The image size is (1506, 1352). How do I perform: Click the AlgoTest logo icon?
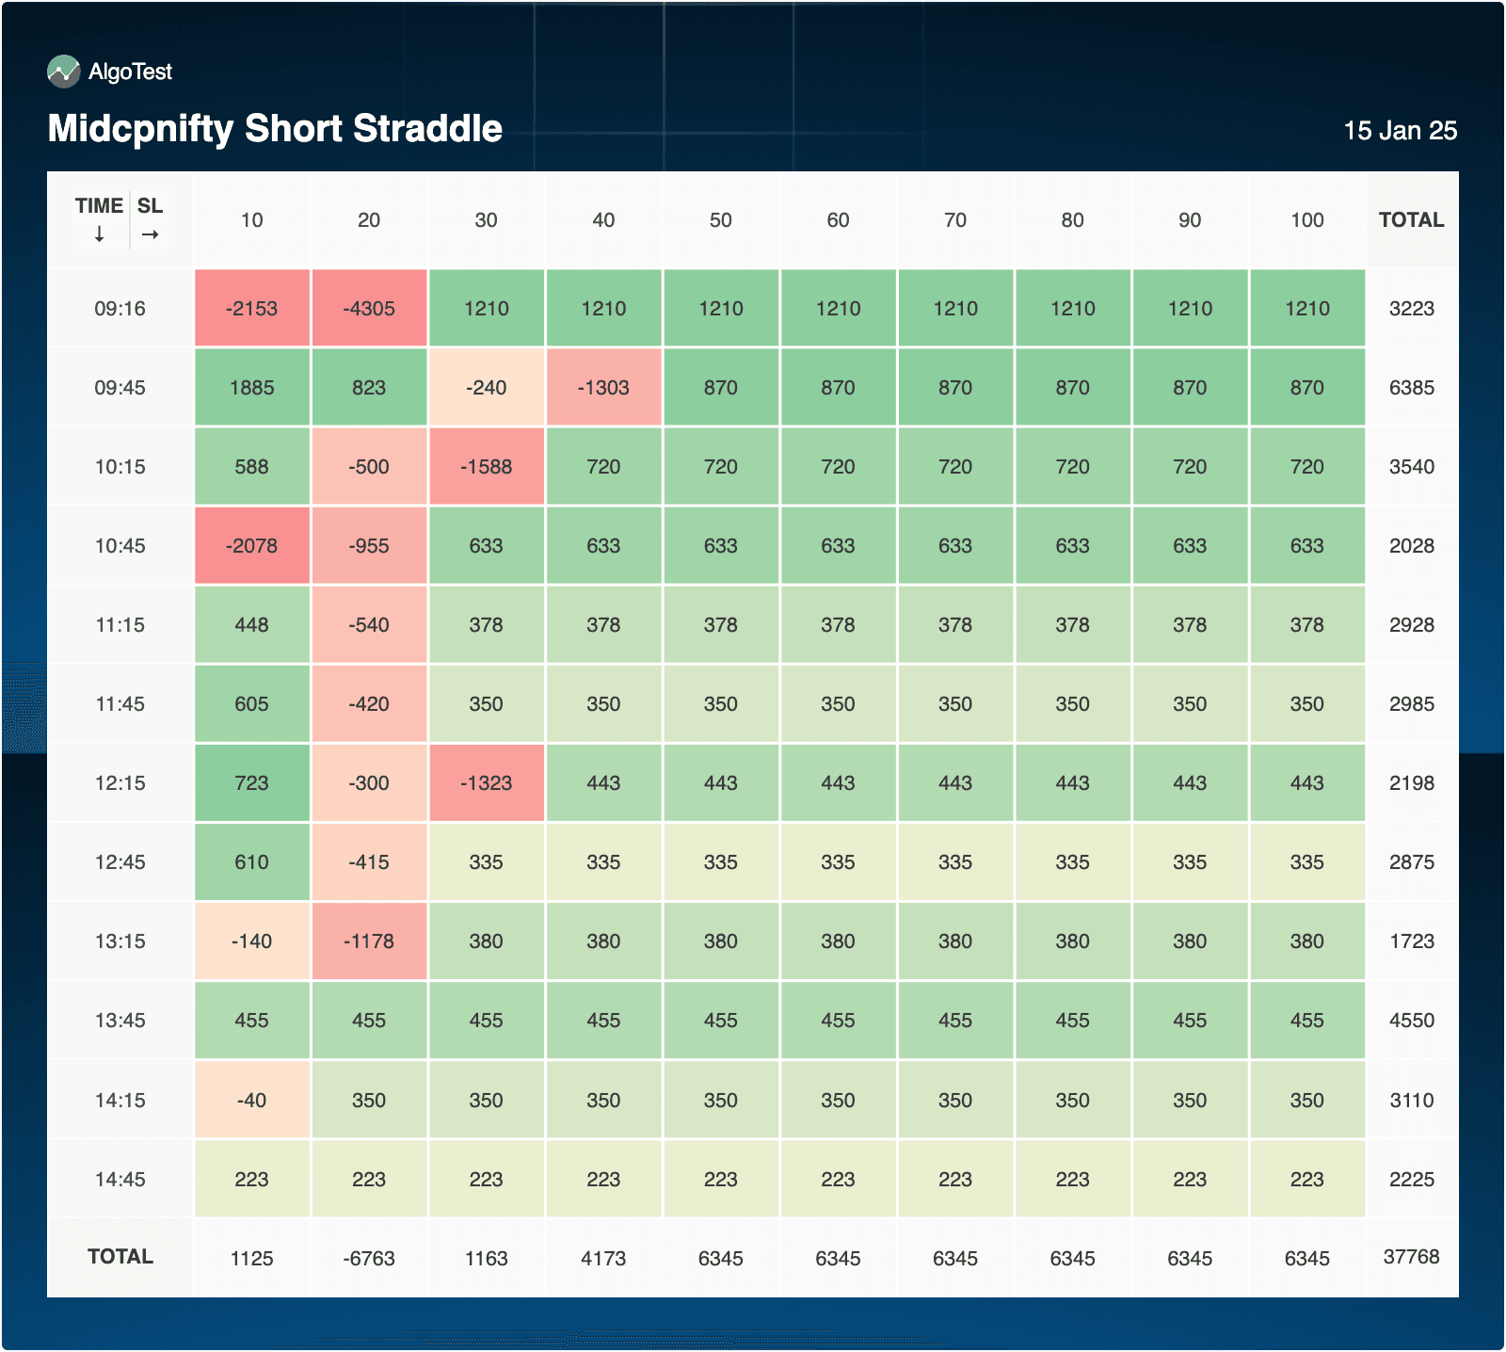coord(64,72)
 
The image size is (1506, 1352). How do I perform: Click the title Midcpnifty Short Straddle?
coord(275,129)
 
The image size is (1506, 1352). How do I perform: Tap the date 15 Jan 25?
coord(1400,131)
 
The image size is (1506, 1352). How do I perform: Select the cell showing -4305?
coord(369,309)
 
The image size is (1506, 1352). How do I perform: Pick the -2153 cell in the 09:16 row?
coord(251,309)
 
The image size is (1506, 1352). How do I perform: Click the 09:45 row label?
coord(120,388)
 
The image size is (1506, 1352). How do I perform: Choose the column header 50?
coord(720,220)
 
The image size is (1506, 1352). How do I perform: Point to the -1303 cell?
coord(603,388)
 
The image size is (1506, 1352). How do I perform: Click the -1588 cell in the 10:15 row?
coord(486,467)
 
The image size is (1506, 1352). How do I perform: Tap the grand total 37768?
coord(1411,1257)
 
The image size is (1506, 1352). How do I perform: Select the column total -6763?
coord(369,1259)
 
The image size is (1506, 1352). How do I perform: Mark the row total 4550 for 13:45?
coord(1411,1021)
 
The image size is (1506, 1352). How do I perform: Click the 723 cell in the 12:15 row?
coord(251,783)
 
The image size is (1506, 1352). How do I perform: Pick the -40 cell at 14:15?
coord(251,1101)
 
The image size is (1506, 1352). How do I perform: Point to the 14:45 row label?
coord(120,1180)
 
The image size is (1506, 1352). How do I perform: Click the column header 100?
coord(1306,220)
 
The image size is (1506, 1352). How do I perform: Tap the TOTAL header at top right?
coord(1411,220)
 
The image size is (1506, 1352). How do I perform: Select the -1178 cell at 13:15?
coord(369,942)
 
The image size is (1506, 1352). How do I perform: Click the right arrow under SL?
coord(150,234)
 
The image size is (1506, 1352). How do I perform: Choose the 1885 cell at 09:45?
coord(251,388)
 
